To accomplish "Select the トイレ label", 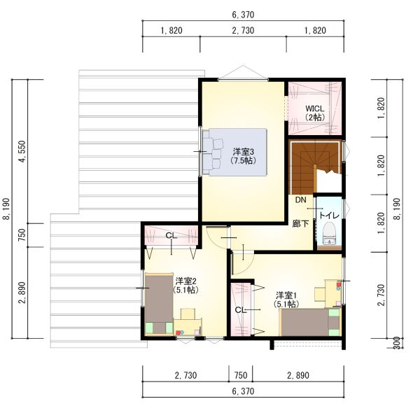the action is click(x=329, y=215).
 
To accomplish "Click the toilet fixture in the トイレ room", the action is click(x=329, y=234).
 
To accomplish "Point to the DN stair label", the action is click(x=300, y=199).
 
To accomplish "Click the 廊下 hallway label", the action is click(x=300, y=223).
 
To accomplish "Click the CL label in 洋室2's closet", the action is click(x=171, y=236).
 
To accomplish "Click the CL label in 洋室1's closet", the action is click(x=240, y=310).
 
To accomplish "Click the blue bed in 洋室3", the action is click(x=234, y=152).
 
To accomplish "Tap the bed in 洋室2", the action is click(x=159, y=304).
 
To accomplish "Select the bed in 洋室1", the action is click(x=310, y=322).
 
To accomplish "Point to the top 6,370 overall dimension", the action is click(x=243, y=15).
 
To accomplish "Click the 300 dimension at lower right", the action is click(x=398, y=343).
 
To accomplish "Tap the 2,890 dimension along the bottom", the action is click(x=298, y=375).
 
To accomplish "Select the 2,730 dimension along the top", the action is click(x=243, y=30).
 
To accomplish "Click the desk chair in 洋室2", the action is click(x=188, y=314).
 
